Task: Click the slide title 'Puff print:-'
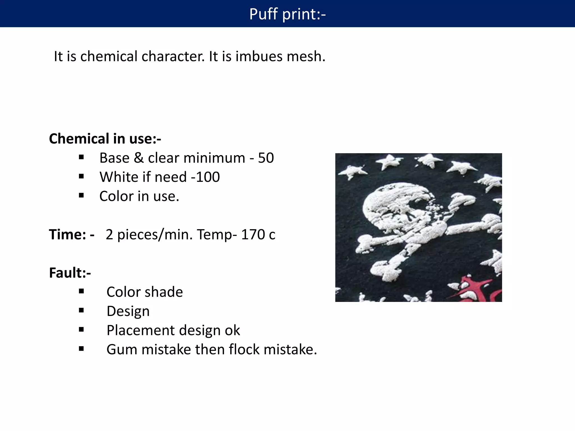[287, 14]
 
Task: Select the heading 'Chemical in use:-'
[105, 139]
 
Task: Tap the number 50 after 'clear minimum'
[266, 158]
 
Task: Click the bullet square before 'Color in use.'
[81, 196]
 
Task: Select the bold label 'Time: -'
[72, 234]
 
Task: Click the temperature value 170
[253, 234]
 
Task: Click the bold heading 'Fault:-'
[70, 273]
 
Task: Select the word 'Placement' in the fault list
[137, 331]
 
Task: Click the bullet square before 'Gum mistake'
[81, 349]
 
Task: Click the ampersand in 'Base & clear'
[139, 158]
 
